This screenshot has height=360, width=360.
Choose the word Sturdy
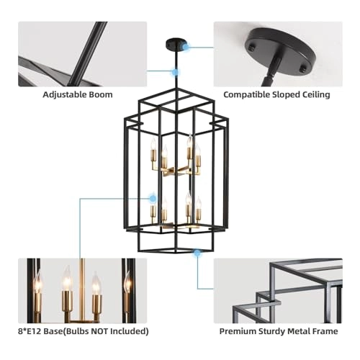click(x=273, y=331)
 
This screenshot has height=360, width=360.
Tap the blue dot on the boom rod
click(x=174, y=71)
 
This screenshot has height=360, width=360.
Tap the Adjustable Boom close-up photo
click(x=81, y=54)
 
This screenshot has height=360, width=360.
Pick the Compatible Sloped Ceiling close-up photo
click(x=278, y=54)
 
